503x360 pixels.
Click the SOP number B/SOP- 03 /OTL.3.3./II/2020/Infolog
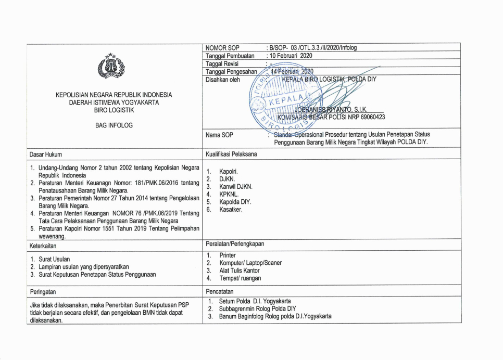point(311,48)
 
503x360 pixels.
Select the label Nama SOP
point(220,135)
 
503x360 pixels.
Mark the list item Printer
point(228,255)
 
